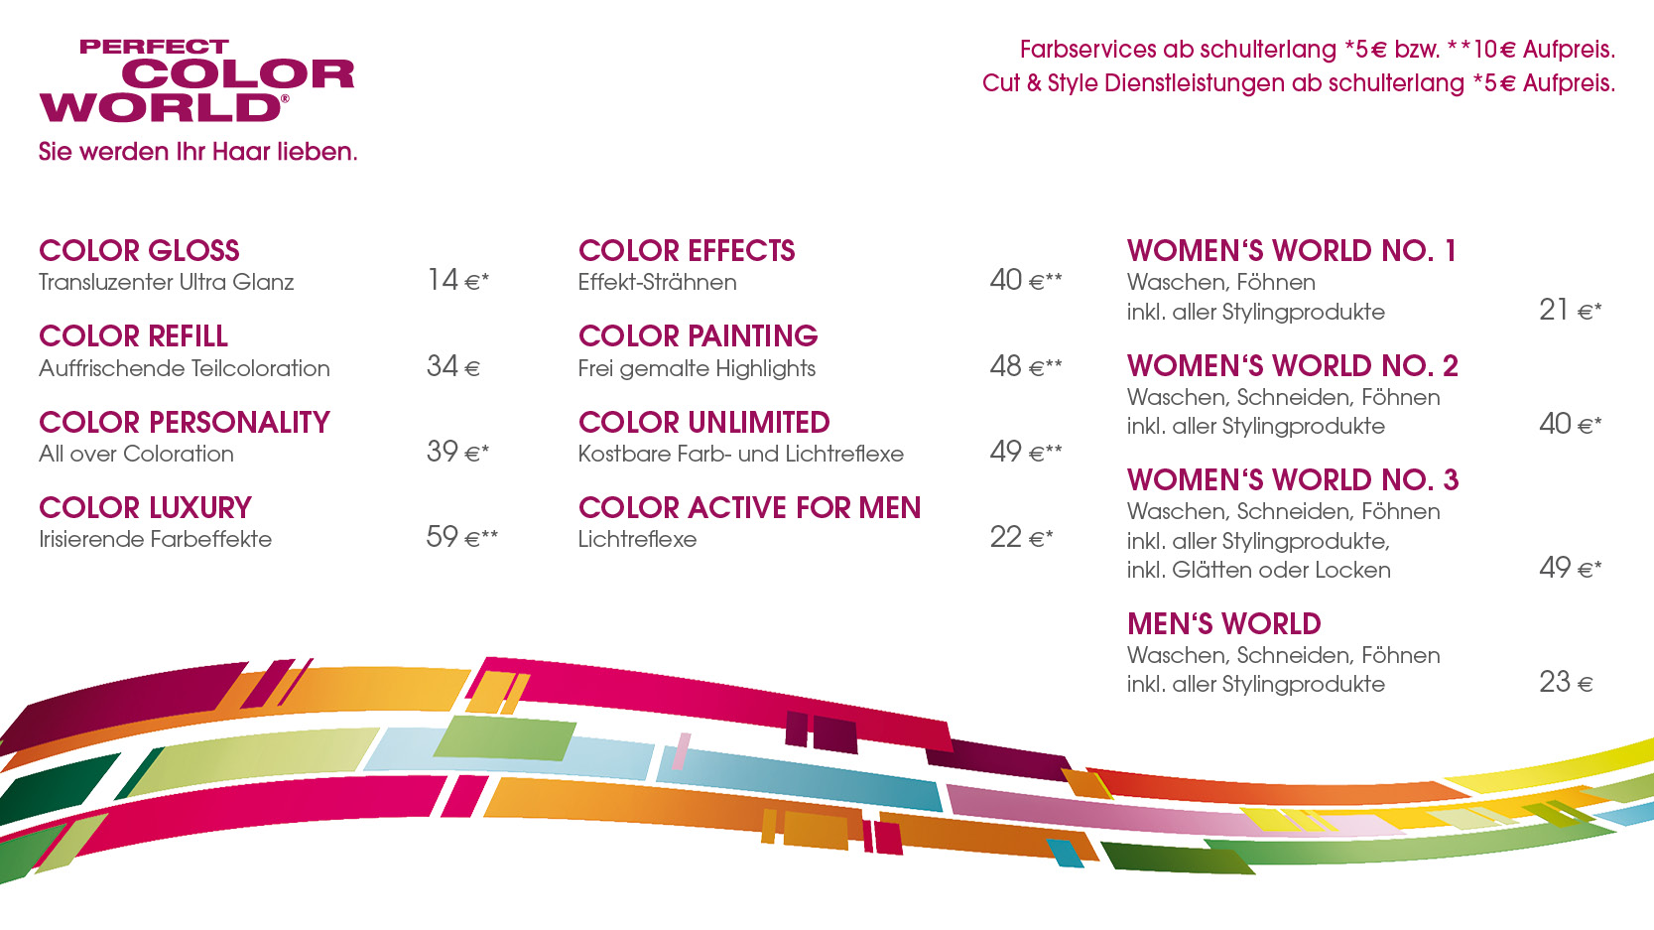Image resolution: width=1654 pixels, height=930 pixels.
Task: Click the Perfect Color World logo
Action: point(197,80)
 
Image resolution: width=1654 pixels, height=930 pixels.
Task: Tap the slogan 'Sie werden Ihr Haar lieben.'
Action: point(197,152)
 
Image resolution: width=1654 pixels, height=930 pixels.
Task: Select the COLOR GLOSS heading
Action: point(139,251)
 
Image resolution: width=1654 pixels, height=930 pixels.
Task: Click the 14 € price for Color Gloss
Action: point(457,280)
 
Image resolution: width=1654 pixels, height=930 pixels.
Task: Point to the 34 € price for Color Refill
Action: point(453,366)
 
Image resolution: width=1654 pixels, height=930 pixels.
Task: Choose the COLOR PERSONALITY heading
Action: point(185,423)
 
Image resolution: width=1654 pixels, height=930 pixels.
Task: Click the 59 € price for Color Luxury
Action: point(462,537)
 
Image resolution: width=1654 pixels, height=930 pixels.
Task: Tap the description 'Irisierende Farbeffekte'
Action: point(155,539)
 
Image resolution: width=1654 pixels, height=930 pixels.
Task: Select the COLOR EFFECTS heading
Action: point(687,251)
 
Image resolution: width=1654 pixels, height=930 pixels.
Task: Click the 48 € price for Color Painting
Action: point(1026,366)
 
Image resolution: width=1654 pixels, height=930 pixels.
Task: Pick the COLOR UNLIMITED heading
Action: point(704,423)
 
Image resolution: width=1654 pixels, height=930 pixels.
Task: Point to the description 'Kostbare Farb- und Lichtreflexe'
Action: point(740,454)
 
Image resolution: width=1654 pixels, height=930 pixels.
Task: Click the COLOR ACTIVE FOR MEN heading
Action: point(750,508)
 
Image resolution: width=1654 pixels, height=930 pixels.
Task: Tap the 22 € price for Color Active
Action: point(1021,537)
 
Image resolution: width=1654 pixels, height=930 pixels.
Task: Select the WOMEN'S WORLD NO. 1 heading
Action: point(1292,251)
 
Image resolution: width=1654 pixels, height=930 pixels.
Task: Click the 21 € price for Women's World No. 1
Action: point(1571,311)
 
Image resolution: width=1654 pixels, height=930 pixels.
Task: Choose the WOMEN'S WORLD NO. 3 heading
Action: point(1293,480)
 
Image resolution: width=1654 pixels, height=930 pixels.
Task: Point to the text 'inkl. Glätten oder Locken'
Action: point(1259,571)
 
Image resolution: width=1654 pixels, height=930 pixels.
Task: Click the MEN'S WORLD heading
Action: point(1224,624)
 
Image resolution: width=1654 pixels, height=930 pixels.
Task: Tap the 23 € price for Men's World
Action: point(1566,683)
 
